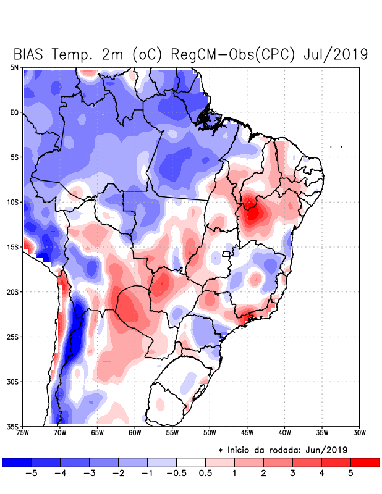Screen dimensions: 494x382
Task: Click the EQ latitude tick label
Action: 14,112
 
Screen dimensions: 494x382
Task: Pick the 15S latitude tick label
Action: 13,247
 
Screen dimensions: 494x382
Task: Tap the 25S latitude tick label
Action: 13,337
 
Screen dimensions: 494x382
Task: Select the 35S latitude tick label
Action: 13,426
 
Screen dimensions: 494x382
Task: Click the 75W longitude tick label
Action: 23,433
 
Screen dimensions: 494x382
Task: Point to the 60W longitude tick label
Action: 135,433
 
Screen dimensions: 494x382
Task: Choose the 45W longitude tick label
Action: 247,433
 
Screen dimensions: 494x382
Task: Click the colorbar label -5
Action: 29,474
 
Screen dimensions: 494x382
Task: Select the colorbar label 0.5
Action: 205,474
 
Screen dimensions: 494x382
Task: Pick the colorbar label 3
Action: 292,474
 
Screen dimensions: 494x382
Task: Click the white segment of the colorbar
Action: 190,462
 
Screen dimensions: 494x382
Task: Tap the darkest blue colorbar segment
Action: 17,462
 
